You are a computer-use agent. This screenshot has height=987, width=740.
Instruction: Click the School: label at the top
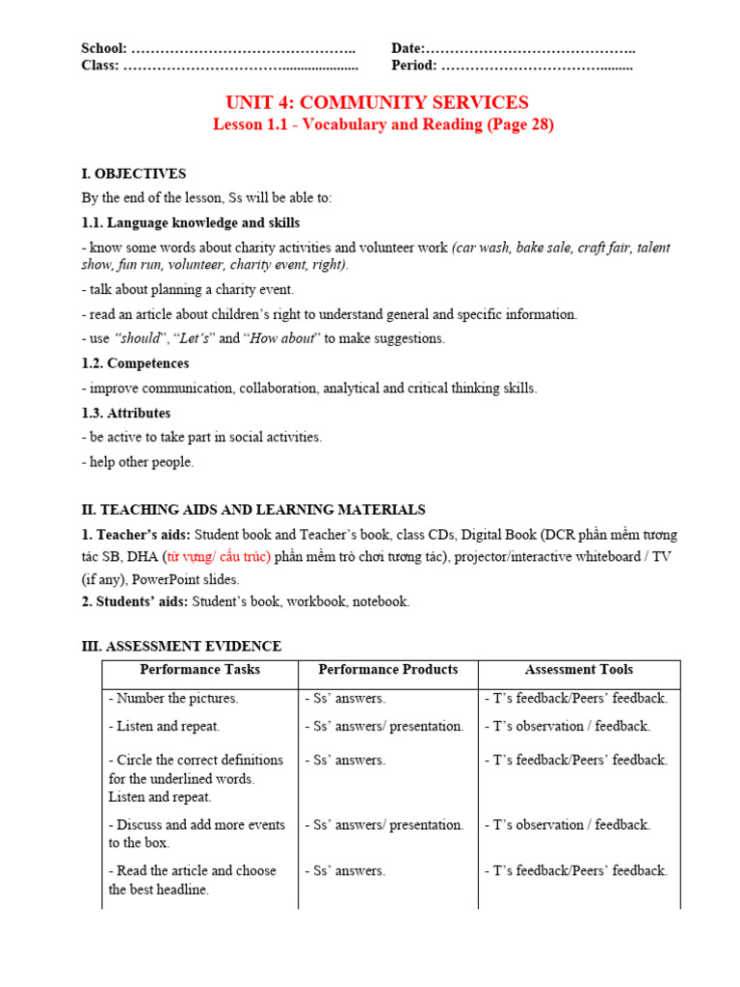[104, 49]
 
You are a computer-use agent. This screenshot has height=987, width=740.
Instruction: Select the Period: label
[414, 66]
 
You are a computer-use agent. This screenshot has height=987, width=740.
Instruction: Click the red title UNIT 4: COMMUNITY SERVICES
[377, 102]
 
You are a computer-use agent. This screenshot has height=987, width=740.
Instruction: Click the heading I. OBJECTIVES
[134, 173]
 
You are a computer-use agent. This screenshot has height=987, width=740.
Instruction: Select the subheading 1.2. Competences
[135, 363]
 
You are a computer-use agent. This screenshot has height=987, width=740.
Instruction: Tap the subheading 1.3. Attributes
[126, 413]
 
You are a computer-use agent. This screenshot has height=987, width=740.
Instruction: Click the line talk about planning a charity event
[188, 289]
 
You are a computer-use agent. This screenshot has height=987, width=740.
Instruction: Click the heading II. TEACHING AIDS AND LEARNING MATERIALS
[253, 510]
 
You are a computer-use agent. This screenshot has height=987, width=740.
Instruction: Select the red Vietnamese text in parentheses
[217, 557]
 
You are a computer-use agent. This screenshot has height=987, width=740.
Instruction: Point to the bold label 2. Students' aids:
[135, 601]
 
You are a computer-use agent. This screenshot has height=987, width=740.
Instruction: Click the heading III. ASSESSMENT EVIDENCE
[181, 646]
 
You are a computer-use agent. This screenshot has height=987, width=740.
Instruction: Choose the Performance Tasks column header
[199, 669]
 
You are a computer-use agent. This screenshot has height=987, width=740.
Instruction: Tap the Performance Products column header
[387, 669]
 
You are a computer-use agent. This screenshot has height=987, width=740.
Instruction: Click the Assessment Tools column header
[578, 669]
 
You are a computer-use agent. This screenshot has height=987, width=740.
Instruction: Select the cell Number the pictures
[173, 698]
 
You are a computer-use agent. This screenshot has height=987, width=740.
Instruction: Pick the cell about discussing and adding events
[197, 833]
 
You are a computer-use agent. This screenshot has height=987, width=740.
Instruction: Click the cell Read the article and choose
[192, 879]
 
